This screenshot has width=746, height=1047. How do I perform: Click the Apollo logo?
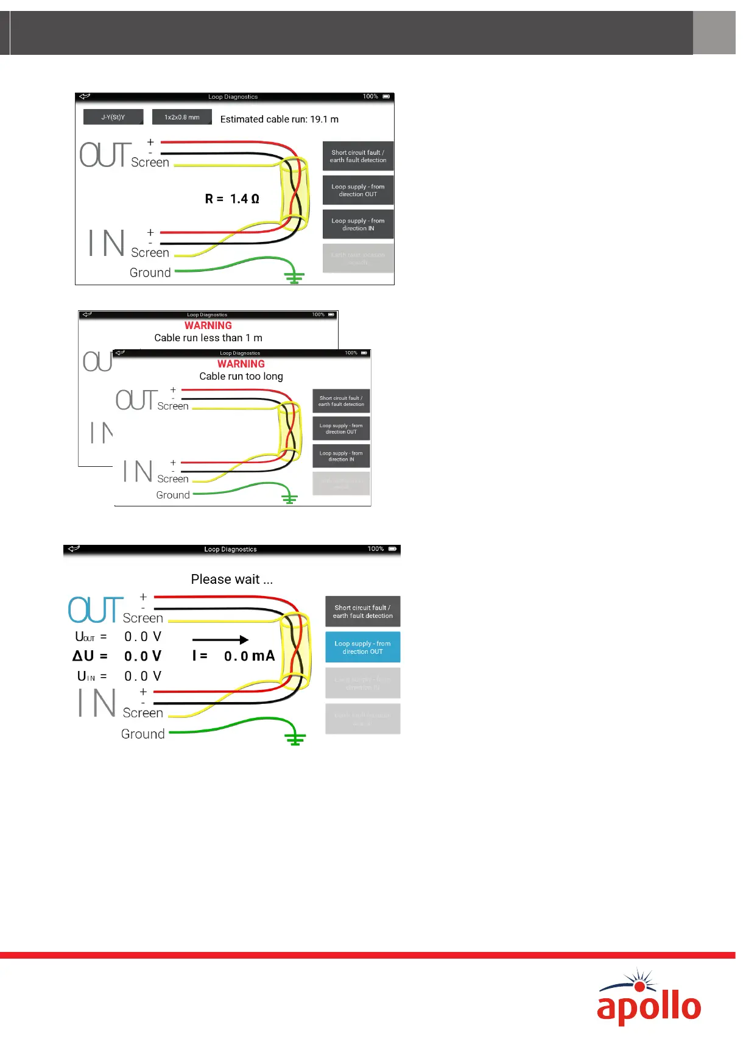click(x=649, y=998)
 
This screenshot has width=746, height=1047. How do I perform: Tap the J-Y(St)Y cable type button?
click(x=113, y=117)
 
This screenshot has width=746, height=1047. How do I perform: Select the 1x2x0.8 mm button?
click(x=181, y=117)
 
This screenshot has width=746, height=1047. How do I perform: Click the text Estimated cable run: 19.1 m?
click(x=279, y=119)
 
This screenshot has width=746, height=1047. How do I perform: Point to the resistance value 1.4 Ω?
click(x=244, y=199)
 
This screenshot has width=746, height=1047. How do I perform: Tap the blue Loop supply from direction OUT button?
click(x=362, y=647)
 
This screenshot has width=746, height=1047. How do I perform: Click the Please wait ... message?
click(x=231, y=579)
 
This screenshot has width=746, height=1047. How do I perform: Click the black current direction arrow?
click(x=220, y=639)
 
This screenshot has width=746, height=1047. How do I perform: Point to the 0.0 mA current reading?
click(x=249, y=656)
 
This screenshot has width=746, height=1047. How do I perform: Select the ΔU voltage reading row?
click(x=118, y=656)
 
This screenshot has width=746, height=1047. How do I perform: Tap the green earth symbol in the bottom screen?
click(x=295, y=738)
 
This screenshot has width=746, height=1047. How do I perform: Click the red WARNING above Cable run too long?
click(x=241, y=364)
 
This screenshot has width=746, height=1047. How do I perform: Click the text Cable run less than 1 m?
click(x=208, y=338)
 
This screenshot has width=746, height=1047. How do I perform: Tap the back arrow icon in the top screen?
click(x=85, y=96)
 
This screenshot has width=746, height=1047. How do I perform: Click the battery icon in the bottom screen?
click(x=392, y=549)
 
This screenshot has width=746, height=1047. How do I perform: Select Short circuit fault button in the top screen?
click(x=357, y=157)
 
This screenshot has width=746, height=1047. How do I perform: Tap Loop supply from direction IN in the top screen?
click(x=357, y=224)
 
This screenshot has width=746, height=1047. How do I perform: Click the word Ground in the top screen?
click(x=150, y=272)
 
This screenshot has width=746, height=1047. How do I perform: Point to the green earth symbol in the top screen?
click(x=294, y=277)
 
